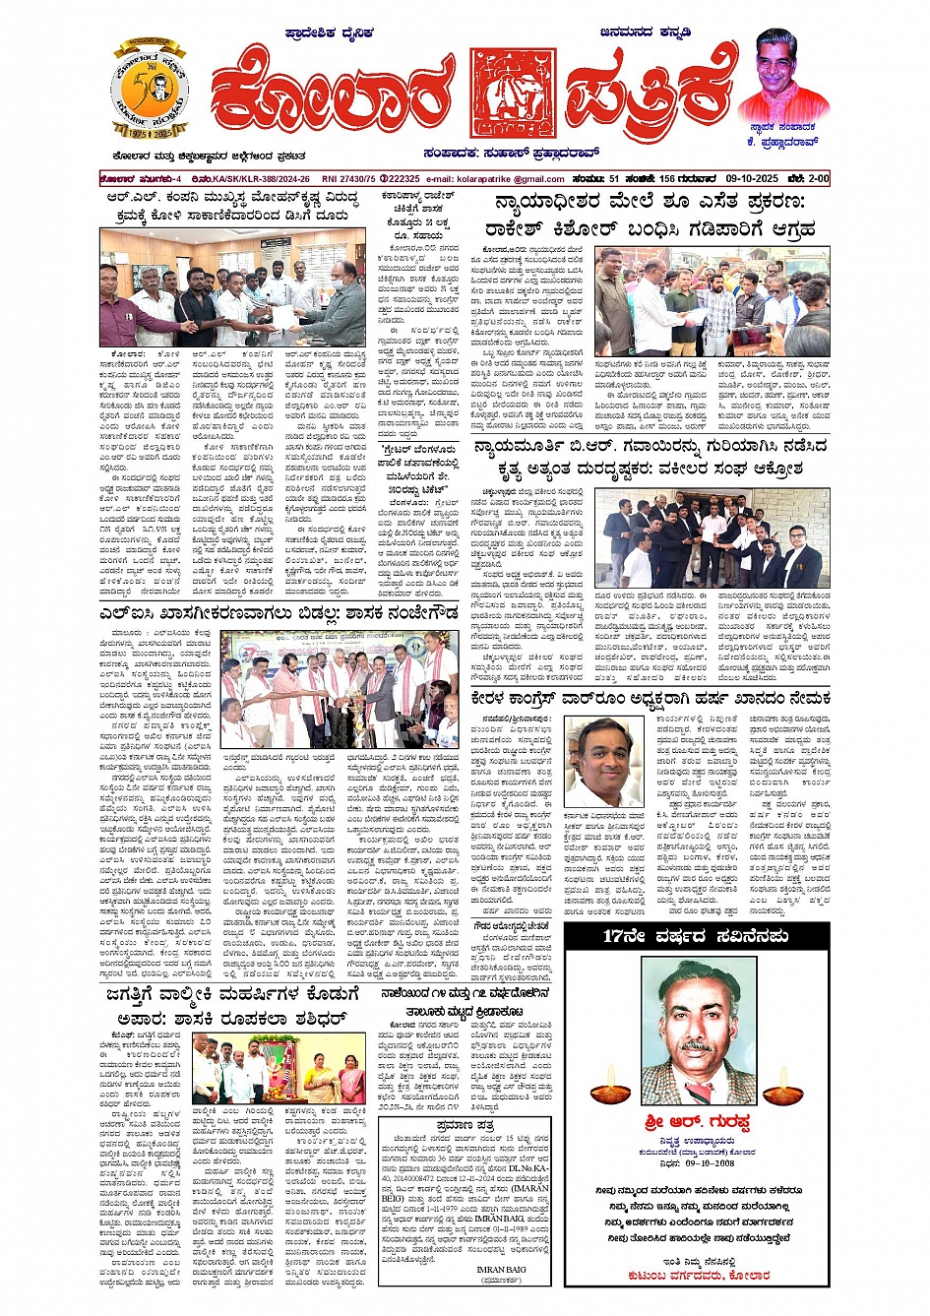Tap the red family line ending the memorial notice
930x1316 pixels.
tap(698, 1275)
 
